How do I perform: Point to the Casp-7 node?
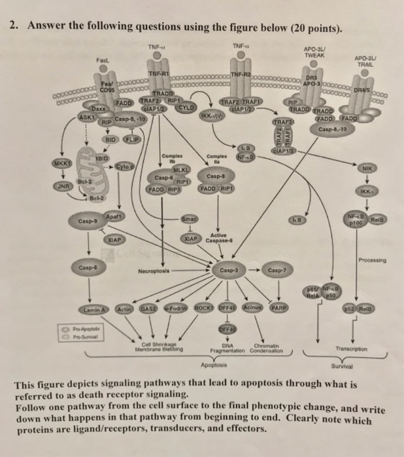click(277, 269)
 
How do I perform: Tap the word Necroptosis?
click(154, 270)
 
